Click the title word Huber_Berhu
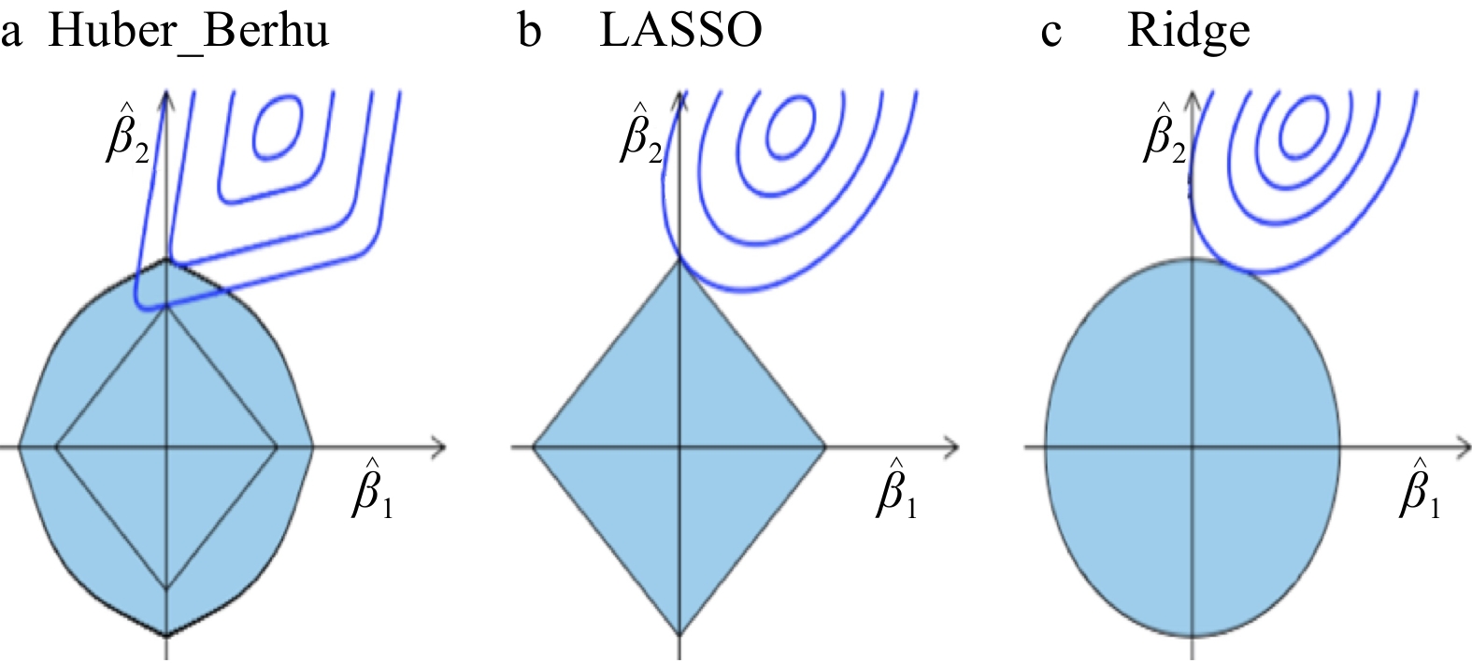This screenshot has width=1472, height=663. coord(188,31)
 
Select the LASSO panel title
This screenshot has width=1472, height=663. coord(680,31)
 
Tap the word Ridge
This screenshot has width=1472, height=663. coord(1188,31)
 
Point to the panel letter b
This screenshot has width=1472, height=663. coord(529,31)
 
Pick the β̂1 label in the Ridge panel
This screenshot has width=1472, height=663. coord(1420,489)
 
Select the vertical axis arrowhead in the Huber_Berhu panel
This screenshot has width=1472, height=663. coord(166,93)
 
